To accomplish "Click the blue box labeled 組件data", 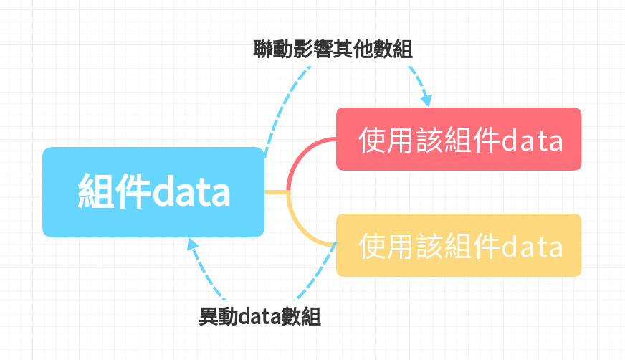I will [153, 192].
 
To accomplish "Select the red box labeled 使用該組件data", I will [459, 139].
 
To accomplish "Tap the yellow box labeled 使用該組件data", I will [459, 245].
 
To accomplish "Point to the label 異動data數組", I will [259, 316].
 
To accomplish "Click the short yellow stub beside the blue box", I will [276, 192].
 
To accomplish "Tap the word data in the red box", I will [531, 140].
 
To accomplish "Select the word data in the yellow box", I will [531, 247].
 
